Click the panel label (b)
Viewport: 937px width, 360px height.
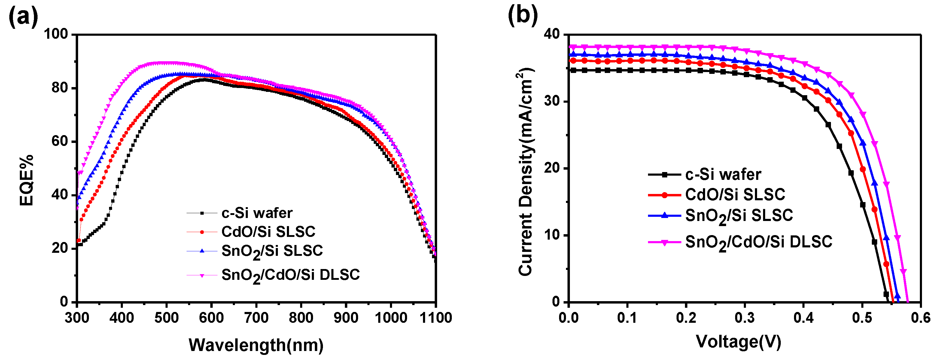(x=523, y=16)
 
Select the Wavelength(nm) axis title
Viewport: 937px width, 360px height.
(x=256, y=345)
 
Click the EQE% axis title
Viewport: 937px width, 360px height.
(x=26, y=180)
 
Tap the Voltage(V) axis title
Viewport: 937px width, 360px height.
(x=738, y=342)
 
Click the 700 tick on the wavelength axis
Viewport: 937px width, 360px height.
(x=256, y=318)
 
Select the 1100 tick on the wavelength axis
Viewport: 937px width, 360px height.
(x=435, y=318)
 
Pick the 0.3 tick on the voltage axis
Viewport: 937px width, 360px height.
(x=744, y=318)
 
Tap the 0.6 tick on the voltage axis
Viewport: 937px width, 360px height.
(x=920, y=318)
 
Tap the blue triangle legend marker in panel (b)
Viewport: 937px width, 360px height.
(x=664, y=215)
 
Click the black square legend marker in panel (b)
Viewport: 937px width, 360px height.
(x=664, y=174)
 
